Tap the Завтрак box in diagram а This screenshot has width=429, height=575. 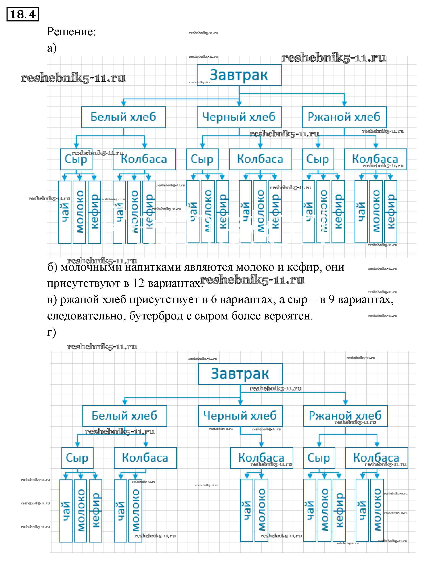tap(239, 75)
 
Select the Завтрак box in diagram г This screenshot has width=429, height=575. tap(240, 374)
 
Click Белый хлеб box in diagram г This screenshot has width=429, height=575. tap(124, 416)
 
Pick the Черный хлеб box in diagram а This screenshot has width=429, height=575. tap(239, 117)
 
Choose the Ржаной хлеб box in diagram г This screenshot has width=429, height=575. tap(345, 416)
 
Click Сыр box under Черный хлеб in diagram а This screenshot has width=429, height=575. tap(202, 159)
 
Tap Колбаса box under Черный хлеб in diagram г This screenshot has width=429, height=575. tap(261, 458)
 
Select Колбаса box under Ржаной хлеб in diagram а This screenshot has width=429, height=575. tap(375, 159)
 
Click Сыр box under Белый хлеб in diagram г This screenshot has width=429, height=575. tap(77, 458)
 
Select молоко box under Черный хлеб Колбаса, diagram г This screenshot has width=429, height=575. tap(261, 510)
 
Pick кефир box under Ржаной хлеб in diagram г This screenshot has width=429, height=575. tap(339, 510)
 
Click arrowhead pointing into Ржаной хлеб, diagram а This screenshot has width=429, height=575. tap(344, 104)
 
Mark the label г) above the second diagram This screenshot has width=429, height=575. tap(51, 332)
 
